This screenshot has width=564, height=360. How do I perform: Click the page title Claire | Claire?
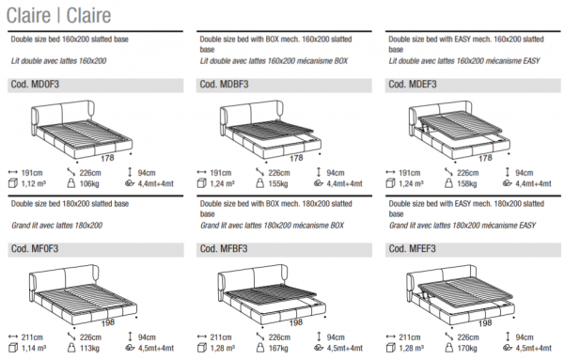[58, 15]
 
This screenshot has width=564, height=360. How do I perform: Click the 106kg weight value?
[89, 184]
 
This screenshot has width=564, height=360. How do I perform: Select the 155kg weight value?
[278, 184]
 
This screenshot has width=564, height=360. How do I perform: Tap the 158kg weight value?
[467, 184]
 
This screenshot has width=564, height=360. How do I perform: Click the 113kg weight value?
[89, 348]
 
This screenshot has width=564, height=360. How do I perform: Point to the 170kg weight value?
[467, 348]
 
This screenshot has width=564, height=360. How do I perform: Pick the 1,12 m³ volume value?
[34, 184]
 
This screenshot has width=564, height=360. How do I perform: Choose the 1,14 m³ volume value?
[34, 348]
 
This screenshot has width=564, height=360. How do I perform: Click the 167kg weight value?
[278, 348]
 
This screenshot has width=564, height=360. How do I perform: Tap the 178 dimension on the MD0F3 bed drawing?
[107, 158]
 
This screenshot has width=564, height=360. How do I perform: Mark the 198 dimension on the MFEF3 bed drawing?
[485, 323]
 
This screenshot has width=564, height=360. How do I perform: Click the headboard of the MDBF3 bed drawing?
[251, 115]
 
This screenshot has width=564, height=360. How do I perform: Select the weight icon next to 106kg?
[71, 183]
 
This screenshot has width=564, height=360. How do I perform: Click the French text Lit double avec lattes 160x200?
[58, 61]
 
